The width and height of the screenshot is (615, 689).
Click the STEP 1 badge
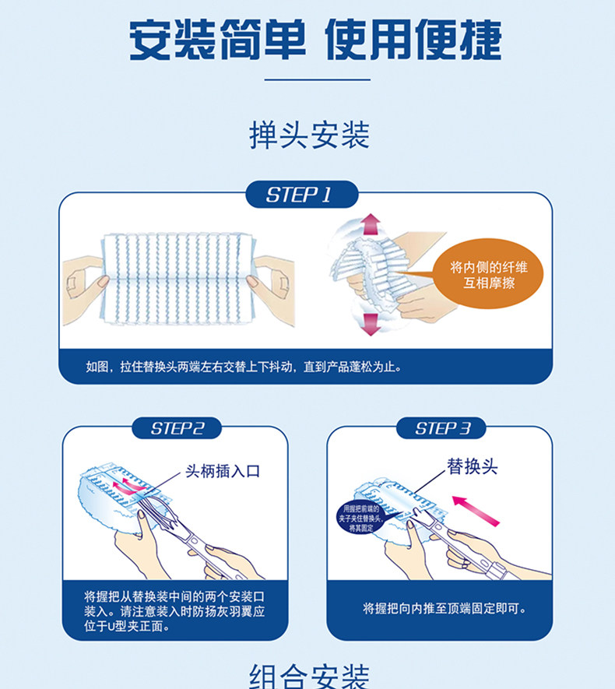pyautogui.click(x=300, y=195)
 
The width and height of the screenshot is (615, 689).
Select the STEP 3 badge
pyautogui.click(x=441, y=428)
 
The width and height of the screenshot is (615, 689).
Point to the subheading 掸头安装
pyautogui.click(x=309, y=135)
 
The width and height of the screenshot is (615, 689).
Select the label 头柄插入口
pyautogui.click(x=223, y=472)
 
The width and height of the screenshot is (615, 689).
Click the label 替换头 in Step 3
pyautogui.click(x=472, y=467)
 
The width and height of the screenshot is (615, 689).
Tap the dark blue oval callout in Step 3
pyautogui.click(x=361, y=518)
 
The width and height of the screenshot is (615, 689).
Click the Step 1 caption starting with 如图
pyautogui.click(x=244, y=367)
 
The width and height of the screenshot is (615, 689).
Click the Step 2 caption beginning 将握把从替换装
pyautogui.click(x=175, y=611)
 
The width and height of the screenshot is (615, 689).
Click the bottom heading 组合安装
pyautogui.click(x=309, y=676)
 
